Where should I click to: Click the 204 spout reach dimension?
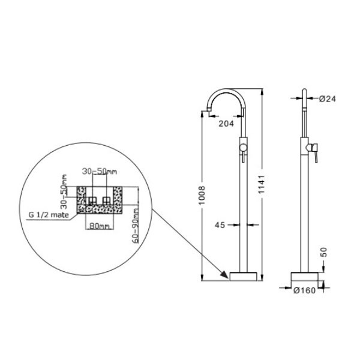pos(226,124)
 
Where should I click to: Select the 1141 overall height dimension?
pos(261,184)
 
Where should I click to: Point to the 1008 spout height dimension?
pos(202,196)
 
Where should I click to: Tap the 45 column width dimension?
pos(220,225)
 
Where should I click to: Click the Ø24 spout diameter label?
pos(328,99)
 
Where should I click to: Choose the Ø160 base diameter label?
pos(304,290)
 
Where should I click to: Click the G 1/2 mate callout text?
pos(49,215)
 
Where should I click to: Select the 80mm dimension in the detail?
pos(99,226)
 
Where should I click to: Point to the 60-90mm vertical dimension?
pos(136,226)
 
